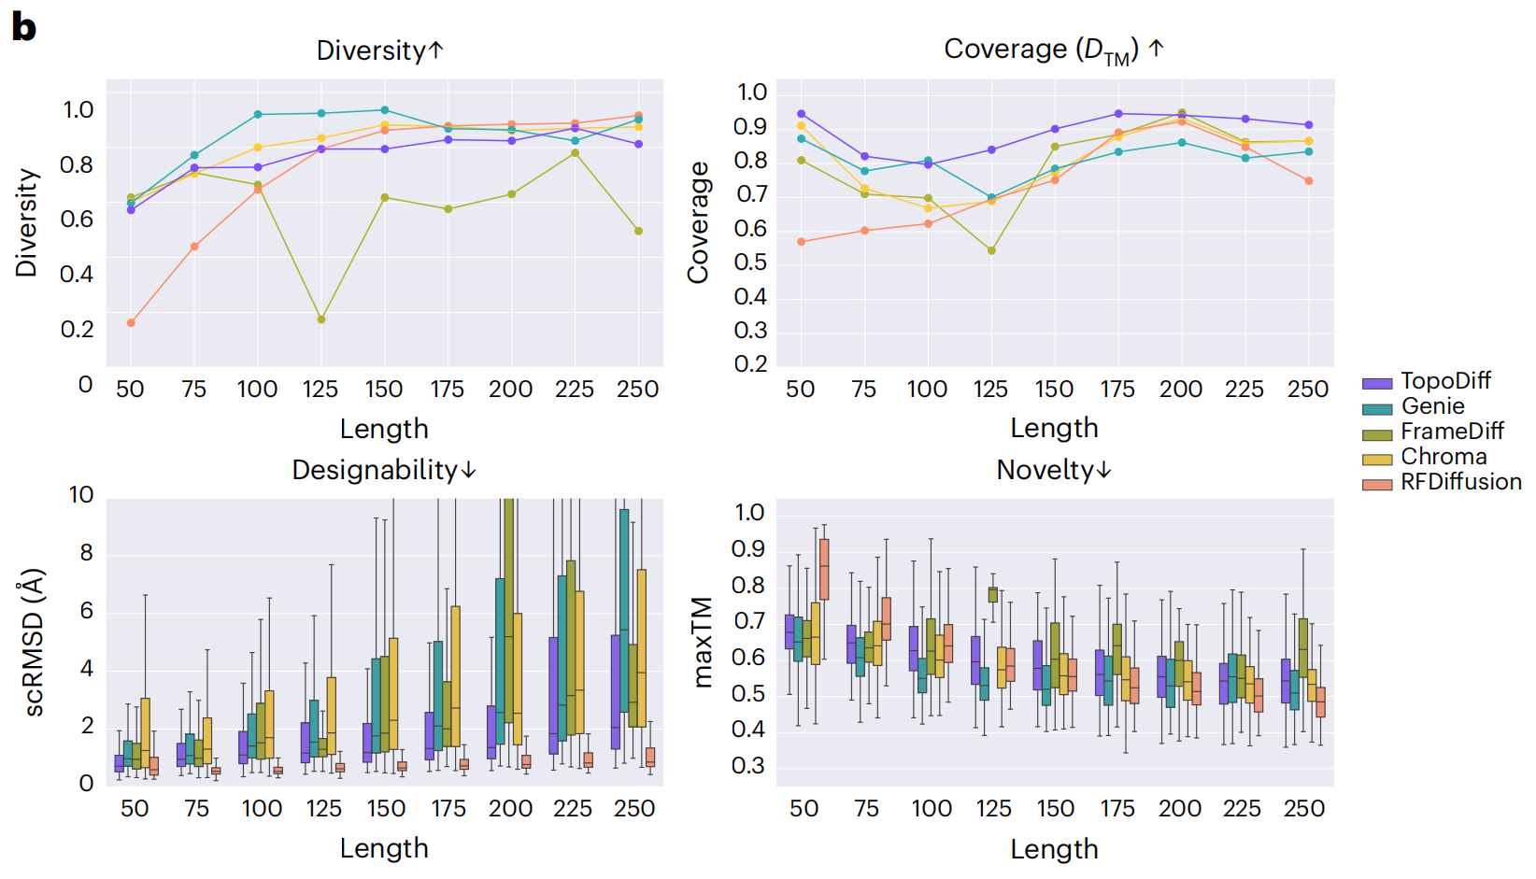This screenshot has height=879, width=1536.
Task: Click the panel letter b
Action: tap(23, 27)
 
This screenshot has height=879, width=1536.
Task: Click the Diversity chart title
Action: tap(379, 50)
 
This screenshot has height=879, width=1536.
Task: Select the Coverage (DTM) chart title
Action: tap(1053, 50)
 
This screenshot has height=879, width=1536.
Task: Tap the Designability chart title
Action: tap(384, 470)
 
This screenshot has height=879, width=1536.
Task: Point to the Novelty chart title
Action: tap(1054, 470)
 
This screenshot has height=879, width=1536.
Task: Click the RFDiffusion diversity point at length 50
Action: tap(131, 323)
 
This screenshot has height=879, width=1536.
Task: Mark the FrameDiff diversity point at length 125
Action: tap(321, 319)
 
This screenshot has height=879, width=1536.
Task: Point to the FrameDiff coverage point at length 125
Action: tap(991, 250)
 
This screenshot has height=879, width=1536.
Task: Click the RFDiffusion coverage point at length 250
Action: tap(1309, 181)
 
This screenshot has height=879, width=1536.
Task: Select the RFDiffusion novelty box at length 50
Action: tap(824, 569)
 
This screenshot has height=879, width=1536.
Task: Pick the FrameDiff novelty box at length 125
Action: tap(992, 594)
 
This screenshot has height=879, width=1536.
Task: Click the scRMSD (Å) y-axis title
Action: tap(34, 642)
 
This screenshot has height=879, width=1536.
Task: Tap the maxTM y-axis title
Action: tap(703, 642)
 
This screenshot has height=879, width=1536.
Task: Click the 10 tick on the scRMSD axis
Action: tap(81, 495)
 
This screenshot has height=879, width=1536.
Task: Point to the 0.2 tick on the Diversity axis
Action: tap(77, 330)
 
